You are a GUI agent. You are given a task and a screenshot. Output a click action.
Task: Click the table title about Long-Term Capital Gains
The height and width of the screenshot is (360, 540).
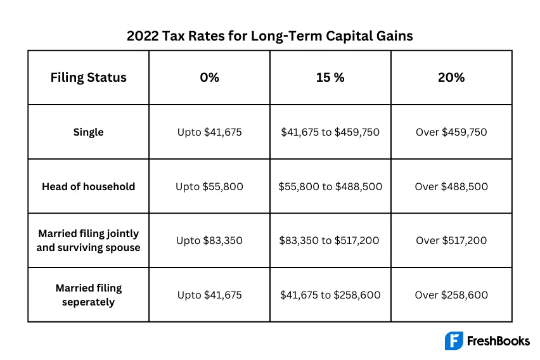pyautogui.click(x=270, y=35)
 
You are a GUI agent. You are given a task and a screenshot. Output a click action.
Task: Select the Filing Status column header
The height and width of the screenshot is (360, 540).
pyautogui.click(x=89, y=77)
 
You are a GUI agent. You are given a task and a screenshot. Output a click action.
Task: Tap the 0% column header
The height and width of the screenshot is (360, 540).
pyautogui.click(x=209, y=77)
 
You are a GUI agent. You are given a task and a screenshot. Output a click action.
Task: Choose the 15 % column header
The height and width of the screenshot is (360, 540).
pyautogui.click(x=330, y=77)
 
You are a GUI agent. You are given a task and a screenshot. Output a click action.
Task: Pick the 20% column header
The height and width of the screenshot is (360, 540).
pyautogui.click(x=451, y=77)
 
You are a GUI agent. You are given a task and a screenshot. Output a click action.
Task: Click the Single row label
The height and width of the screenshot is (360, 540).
pyautogui.click(x=89, y=132)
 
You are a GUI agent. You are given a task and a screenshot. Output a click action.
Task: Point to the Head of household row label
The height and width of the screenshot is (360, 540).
pyautogui.click(x=89, y=187)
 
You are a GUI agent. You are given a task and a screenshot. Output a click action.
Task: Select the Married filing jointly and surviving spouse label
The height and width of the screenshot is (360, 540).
pyautogui.click(x=89, y=241)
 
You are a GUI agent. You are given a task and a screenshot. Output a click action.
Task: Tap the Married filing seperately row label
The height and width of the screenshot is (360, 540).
pyautogui.click(x=89, y=295)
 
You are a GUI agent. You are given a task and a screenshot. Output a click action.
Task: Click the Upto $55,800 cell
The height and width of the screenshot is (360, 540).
pyautogui.click(x=209, y=187)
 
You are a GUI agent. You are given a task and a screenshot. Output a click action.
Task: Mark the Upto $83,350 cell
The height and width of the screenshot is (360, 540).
pyautogui.click(x=209, y=241)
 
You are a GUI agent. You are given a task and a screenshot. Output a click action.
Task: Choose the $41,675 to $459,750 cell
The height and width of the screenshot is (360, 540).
pyautogui.click(x=330, y=132)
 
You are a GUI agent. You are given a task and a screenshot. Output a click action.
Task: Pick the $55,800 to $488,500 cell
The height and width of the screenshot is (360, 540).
pyautogui.click(x=330, y=187)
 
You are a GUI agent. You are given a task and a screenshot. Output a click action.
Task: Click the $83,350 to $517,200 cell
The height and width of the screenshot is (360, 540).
pyautogui.click(x=330, y=241)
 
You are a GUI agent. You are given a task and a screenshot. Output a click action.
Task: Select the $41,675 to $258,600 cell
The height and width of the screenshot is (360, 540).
pyautogui.click(x=330, y=295)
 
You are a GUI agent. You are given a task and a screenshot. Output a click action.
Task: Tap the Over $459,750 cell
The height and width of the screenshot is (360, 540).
pyautogui.click(x=451, y=132)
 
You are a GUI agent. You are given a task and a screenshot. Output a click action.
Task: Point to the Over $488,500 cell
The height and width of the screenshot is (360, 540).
pyautogui.click(x=451, y=187)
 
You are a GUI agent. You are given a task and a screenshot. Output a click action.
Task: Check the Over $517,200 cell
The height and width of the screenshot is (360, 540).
pyautogui.click(x=451, y=241)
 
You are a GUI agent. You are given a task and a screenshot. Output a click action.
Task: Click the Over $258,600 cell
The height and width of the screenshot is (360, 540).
pyautogui.click(x=451, y=295)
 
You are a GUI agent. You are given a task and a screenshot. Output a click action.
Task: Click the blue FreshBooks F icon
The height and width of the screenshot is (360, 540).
pyautogui.click(x=454, y=341)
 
